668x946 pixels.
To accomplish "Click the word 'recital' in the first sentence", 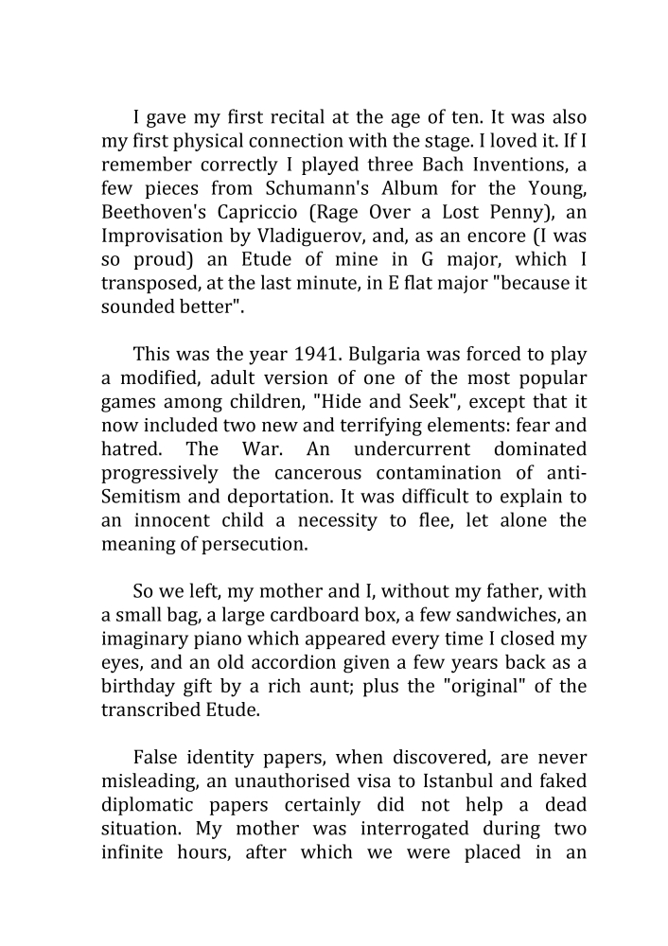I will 285,118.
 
